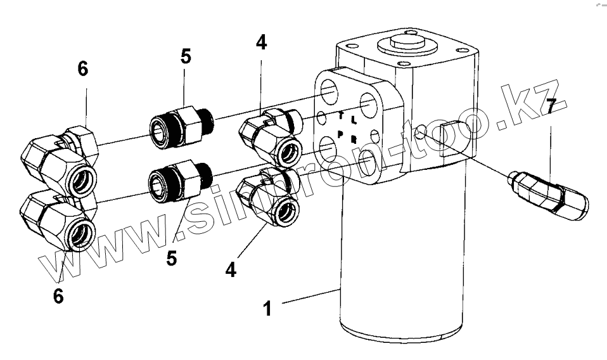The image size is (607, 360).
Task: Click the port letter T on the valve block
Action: coord(342,116)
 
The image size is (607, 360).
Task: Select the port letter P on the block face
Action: coord(340,134)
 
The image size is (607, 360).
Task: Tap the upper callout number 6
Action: coord(83,69)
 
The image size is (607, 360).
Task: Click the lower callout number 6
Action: coord(58,296)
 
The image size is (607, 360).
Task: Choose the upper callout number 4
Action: coord(261,43)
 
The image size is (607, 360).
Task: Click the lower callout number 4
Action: coord(230,269)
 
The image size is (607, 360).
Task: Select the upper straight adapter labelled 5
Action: coord(179,123)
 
